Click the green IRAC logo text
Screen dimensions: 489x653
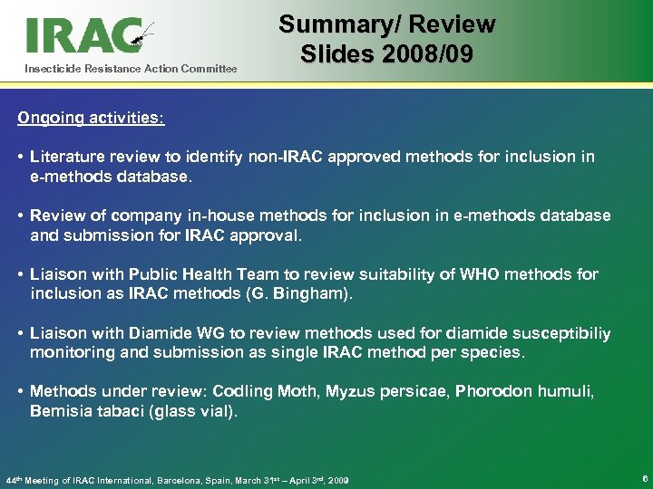pyautogui.click(x=82, y=35)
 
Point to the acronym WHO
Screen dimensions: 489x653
pyautogui.click(x=464, y=274)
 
